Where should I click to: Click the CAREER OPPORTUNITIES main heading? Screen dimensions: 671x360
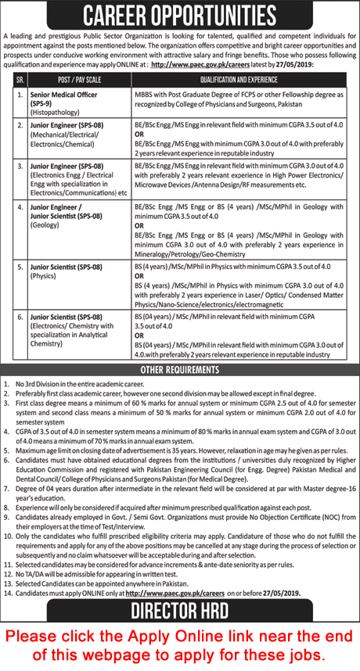pyautogui.click(x=179, y=15)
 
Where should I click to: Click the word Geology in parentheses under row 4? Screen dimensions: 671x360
pyautogui.click(x=52, y=222)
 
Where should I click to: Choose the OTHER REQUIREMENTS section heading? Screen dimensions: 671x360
pyautogui.click(x=179, y=369)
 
